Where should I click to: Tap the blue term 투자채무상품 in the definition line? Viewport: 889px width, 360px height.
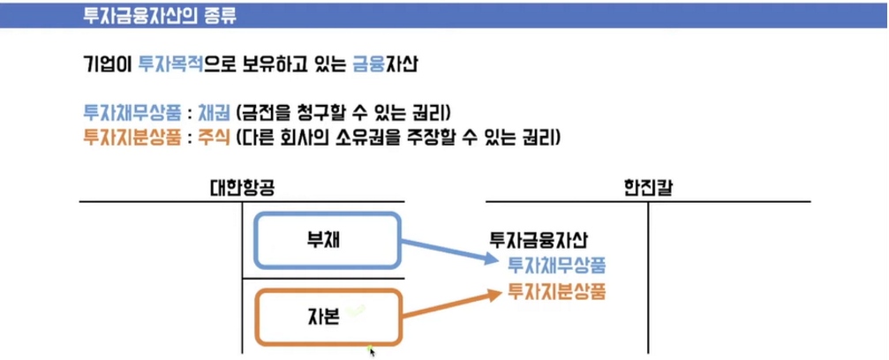click(124, 114)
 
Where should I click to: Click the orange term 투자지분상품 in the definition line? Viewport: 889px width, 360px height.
click(124, 138)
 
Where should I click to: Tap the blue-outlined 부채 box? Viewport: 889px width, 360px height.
click(328, 239)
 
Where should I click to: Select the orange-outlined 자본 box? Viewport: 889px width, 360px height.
click(328, 316)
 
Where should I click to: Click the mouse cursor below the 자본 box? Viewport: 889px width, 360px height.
click(372, 350)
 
